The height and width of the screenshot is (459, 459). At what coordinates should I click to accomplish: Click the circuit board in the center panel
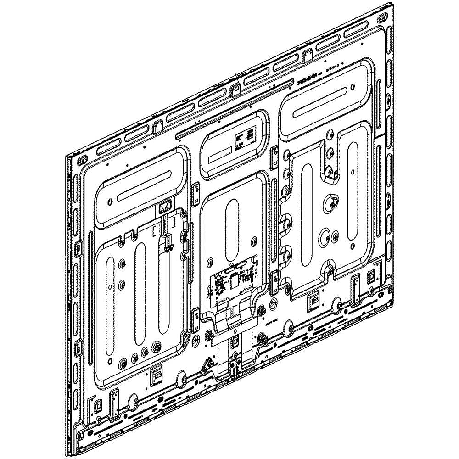(x=232, y=285)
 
